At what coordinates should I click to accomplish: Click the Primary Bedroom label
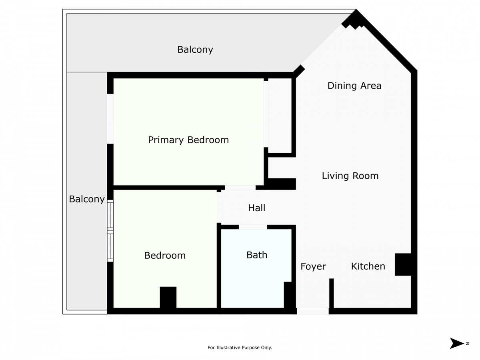tap(188, 140)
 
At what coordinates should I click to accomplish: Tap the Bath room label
tap(257, 255)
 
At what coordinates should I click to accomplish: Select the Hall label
tap(257, 208)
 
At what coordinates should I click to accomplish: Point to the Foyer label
tap(313, 266)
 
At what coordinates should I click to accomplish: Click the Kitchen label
tap(368, 266)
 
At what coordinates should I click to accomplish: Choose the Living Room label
tap(350, 176)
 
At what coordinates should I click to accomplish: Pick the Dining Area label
tap(354, 86)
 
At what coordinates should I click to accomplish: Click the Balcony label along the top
tap(195, 50)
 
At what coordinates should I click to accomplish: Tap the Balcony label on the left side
tap(87, 199)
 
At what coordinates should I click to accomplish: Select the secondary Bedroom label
tap(165, 256)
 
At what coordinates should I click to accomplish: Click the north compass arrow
tap(457, 343)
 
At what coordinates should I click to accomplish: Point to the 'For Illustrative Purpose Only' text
tap(240, 348)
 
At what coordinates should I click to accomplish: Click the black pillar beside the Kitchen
tap(403, 264)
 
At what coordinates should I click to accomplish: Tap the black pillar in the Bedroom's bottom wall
tap(168, 298)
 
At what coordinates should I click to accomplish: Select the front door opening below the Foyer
tap(312, 311)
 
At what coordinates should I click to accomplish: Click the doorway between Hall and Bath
tap(253, 227)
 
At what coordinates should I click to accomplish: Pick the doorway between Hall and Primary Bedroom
tap(240, 187)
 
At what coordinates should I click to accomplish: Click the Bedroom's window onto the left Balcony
tap(110, 231)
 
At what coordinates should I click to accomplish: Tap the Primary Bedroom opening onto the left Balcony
tap(110, 119)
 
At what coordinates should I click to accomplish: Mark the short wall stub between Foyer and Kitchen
tap(331, 293)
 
